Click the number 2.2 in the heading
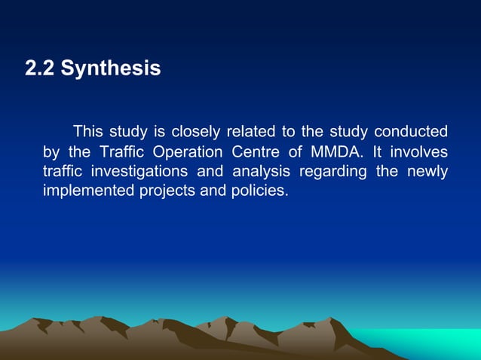[40, 69]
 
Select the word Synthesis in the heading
[111, 69]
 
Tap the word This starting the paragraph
[87, 131]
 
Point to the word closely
[194, 131]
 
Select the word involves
[419, 151]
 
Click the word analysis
[259, 171]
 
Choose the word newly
[427, 171]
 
